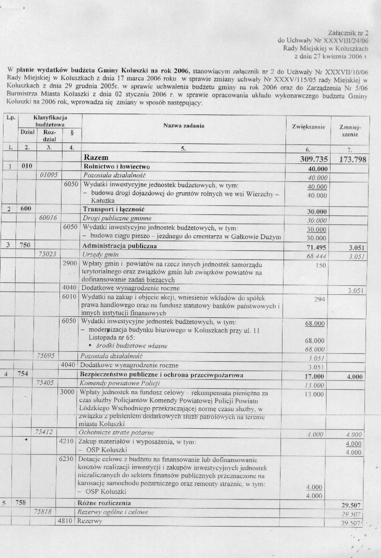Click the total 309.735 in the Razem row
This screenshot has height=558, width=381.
pyautogui.click(x=308, y=158)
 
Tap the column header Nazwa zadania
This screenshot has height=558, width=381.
pyautogui.click(x=183, y=126)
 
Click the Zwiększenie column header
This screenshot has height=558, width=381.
pyautogui.click(x=308, y=127)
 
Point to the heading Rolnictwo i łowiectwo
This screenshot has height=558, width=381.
pyautogui.click(x=118, y=166)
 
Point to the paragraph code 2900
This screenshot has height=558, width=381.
pyautogui.click(x=69, y=264)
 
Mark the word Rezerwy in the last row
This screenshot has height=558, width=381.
pyautogui.click(x=91, y=521)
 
